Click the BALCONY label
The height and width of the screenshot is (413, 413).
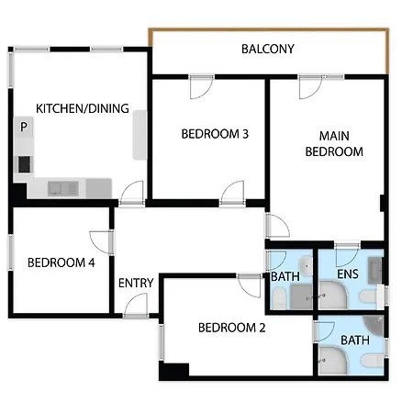268,49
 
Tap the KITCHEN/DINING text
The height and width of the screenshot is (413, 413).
83,108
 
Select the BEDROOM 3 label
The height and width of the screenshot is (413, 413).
215,134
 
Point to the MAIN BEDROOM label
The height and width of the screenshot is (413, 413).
334,144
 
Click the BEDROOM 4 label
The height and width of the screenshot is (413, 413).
61,262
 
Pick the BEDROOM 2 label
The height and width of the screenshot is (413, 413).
231,328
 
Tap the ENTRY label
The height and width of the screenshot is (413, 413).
136,283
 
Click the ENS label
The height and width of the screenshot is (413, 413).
348,274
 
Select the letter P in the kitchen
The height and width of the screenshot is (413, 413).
24,127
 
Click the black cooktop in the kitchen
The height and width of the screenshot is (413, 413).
25,164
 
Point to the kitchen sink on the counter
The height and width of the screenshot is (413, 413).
63,188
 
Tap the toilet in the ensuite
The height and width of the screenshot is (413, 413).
370,296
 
